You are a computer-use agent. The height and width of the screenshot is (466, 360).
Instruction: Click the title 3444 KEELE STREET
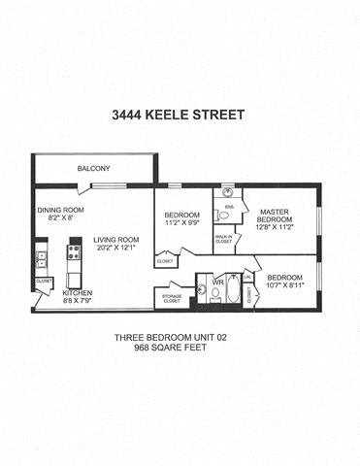click(x=180, y=116)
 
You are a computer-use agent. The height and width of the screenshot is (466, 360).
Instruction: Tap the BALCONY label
click(x=94, y=169)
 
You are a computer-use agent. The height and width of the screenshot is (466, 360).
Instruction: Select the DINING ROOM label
click(x=61, y=210)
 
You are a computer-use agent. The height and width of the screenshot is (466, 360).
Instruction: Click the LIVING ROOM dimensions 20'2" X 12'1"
click(x=116, y=248)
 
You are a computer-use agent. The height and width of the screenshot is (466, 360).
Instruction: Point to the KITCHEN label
click(x=78, y=291)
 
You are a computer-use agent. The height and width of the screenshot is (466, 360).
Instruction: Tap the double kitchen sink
click(x=41, y=258)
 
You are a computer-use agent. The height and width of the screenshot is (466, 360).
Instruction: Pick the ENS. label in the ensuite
click(x=231, y=206)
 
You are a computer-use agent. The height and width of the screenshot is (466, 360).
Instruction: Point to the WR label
click(x=218, y=283)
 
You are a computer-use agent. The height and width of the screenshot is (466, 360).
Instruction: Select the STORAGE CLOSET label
click(x=172, y=297)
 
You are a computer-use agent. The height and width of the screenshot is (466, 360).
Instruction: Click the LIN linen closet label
click(x=247, y=278)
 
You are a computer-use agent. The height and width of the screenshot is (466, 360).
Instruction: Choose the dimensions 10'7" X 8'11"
click(x=284, y=284)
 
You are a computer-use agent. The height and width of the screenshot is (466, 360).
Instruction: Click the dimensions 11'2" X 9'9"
click(x=181, y=222)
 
